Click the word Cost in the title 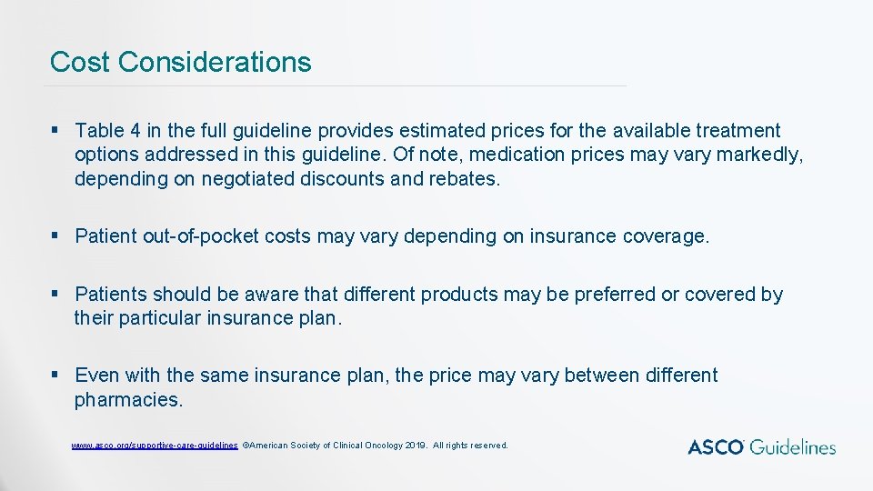[80, 62]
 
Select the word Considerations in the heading [215, 62]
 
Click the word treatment [734, 132]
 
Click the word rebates [463, 179]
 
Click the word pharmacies [128, 399]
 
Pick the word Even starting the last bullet [95, 376]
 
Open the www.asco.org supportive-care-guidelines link [155, 446]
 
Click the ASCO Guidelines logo [761, 446]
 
